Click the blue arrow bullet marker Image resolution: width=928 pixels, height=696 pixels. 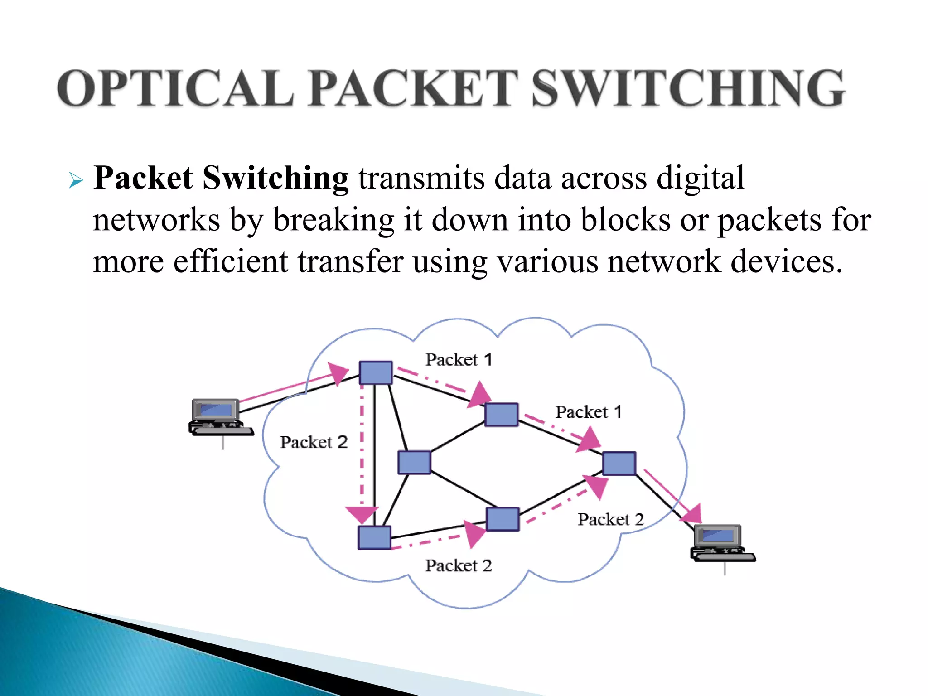click(76, 181)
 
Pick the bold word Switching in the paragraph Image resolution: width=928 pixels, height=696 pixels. click(275, 178)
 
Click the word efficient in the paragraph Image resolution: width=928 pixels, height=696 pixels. click(230, 262)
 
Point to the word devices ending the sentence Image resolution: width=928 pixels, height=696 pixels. click(783, 262)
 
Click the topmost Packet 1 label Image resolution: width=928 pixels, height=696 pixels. click(459, 360)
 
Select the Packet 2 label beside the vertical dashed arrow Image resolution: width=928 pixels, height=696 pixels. click(314, 442)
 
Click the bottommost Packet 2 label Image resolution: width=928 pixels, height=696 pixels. click(458, 565)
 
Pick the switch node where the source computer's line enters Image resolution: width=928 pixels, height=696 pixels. click(376, 372)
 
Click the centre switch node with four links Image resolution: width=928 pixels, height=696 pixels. click(414, 463)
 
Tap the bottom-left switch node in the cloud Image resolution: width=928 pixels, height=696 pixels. click(374, 537)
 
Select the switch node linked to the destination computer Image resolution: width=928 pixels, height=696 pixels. click(619, 463)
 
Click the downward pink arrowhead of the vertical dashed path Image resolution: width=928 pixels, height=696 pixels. click(362, 515)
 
